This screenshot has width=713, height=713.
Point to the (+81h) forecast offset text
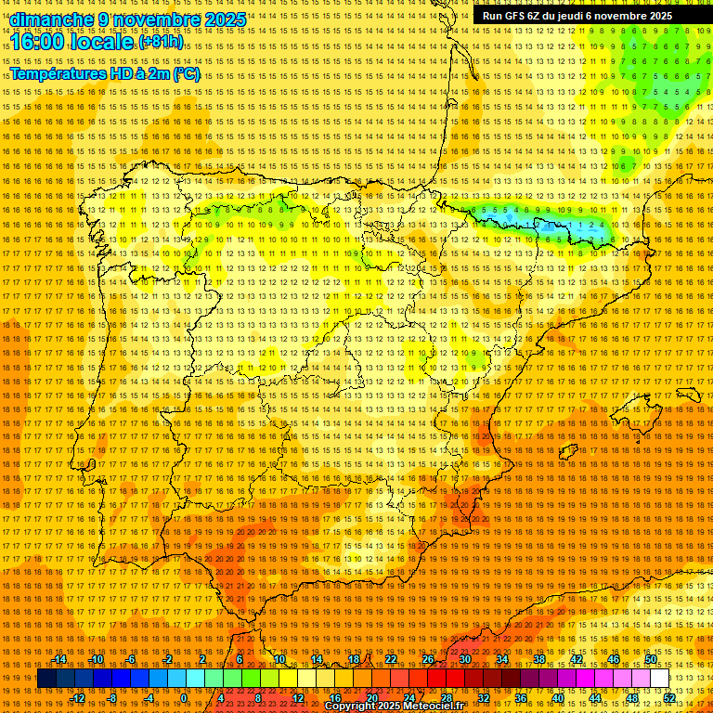pos(161,43)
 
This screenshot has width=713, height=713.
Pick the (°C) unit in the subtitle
pos(186,73)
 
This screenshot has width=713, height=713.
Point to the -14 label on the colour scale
pos(60,659)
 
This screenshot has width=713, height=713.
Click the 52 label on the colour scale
pos(669,698)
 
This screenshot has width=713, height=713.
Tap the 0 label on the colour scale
pos(185,698)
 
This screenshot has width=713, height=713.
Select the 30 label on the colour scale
pos(465,659)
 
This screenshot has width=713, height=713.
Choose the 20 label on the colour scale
pos(371,698)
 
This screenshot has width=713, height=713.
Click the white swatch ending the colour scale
pos(659,679)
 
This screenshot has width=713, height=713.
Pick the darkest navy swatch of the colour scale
pos(46,679)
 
